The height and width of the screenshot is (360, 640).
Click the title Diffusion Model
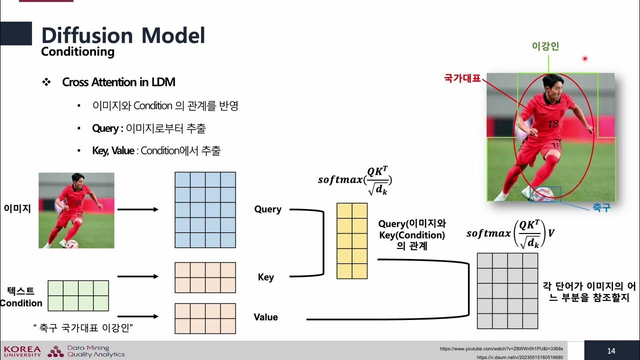click(123, 35)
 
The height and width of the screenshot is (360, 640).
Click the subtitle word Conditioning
click(77, 51)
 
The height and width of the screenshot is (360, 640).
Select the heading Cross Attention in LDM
click(118, 82)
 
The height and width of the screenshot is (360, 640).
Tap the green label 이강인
click(545, 46)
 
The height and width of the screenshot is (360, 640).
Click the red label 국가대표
click(462, 78)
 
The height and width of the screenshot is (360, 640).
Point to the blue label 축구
click(601, 208)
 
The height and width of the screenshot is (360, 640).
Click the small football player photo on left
click(76, 210)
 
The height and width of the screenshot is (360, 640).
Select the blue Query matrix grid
click(205, 210)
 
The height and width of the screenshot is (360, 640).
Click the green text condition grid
click(78, 295)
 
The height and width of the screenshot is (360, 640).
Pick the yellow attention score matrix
click(352, 240)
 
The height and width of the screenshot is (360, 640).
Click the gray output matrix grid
click(507, 291)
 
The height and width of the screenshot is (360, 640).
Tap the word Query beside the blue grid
click(267, 209)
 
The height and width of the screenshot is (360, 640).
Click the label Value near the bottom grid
click(265, 317)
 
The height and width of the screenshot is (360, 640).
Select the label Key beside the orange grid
click(265, 277)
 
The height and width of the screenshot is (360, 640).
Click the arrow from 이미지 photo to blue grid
click(137, 210)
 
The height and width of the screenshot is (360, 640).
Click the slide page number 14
click(611, 351)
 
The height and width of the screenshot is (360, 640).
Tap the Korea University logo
click(22, 351)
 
